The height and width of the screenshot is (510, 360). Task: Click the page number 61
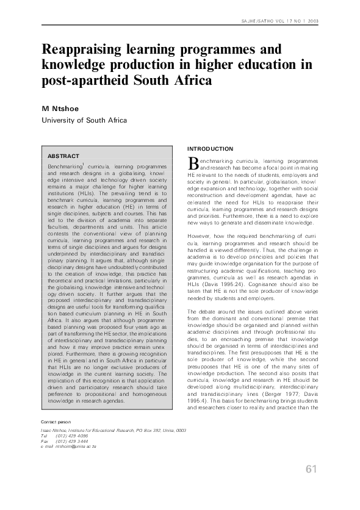coord(312,469)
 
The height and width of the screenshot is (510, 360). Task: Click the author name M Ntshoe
coord(62,109)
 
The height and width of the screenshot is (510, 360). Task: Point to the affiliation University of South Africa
coord(84,120)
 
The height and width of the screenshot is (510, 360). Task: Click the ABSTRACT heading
coord(63,156)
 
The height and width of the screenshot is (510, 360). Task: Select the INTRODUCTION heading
coord(210,149)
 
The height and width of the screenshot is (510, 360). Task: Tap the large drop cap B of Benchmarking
coord(193,162)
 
